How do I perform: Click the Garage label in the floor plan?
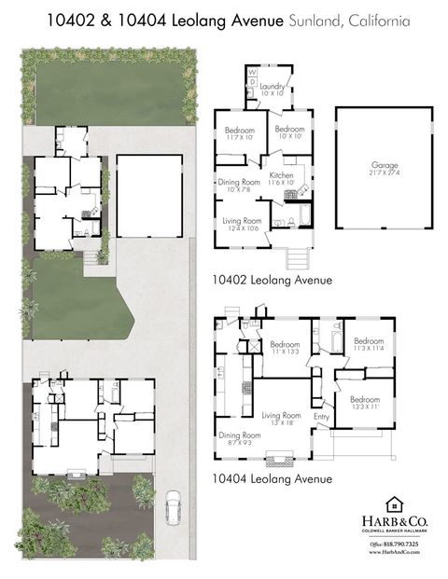384,171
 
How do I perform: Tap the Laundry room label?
273,90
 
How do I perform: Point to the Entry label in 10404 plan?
322,417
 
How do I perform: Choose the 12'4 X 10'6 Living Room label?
241,224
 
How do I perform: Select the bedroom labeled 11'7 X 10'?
240,132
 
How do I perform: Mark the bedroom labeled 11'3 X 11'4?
368,344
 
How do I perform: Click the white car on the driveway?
173,508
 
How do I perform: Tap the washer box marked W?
252,72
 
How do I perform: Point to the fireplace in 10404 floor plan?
278,459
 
